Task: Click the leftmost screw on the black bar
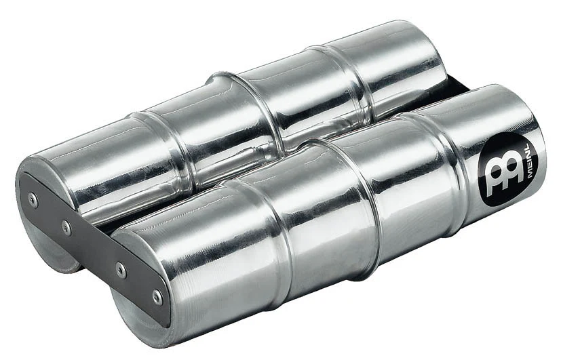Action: pos(33,200)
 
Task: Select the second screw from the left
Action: pos(66,226)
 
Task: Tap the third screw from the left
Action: pos(121,269)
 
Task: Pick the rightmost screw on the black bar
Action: pos(157,296)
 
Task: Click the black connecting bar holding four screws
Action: pos(94,247)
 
